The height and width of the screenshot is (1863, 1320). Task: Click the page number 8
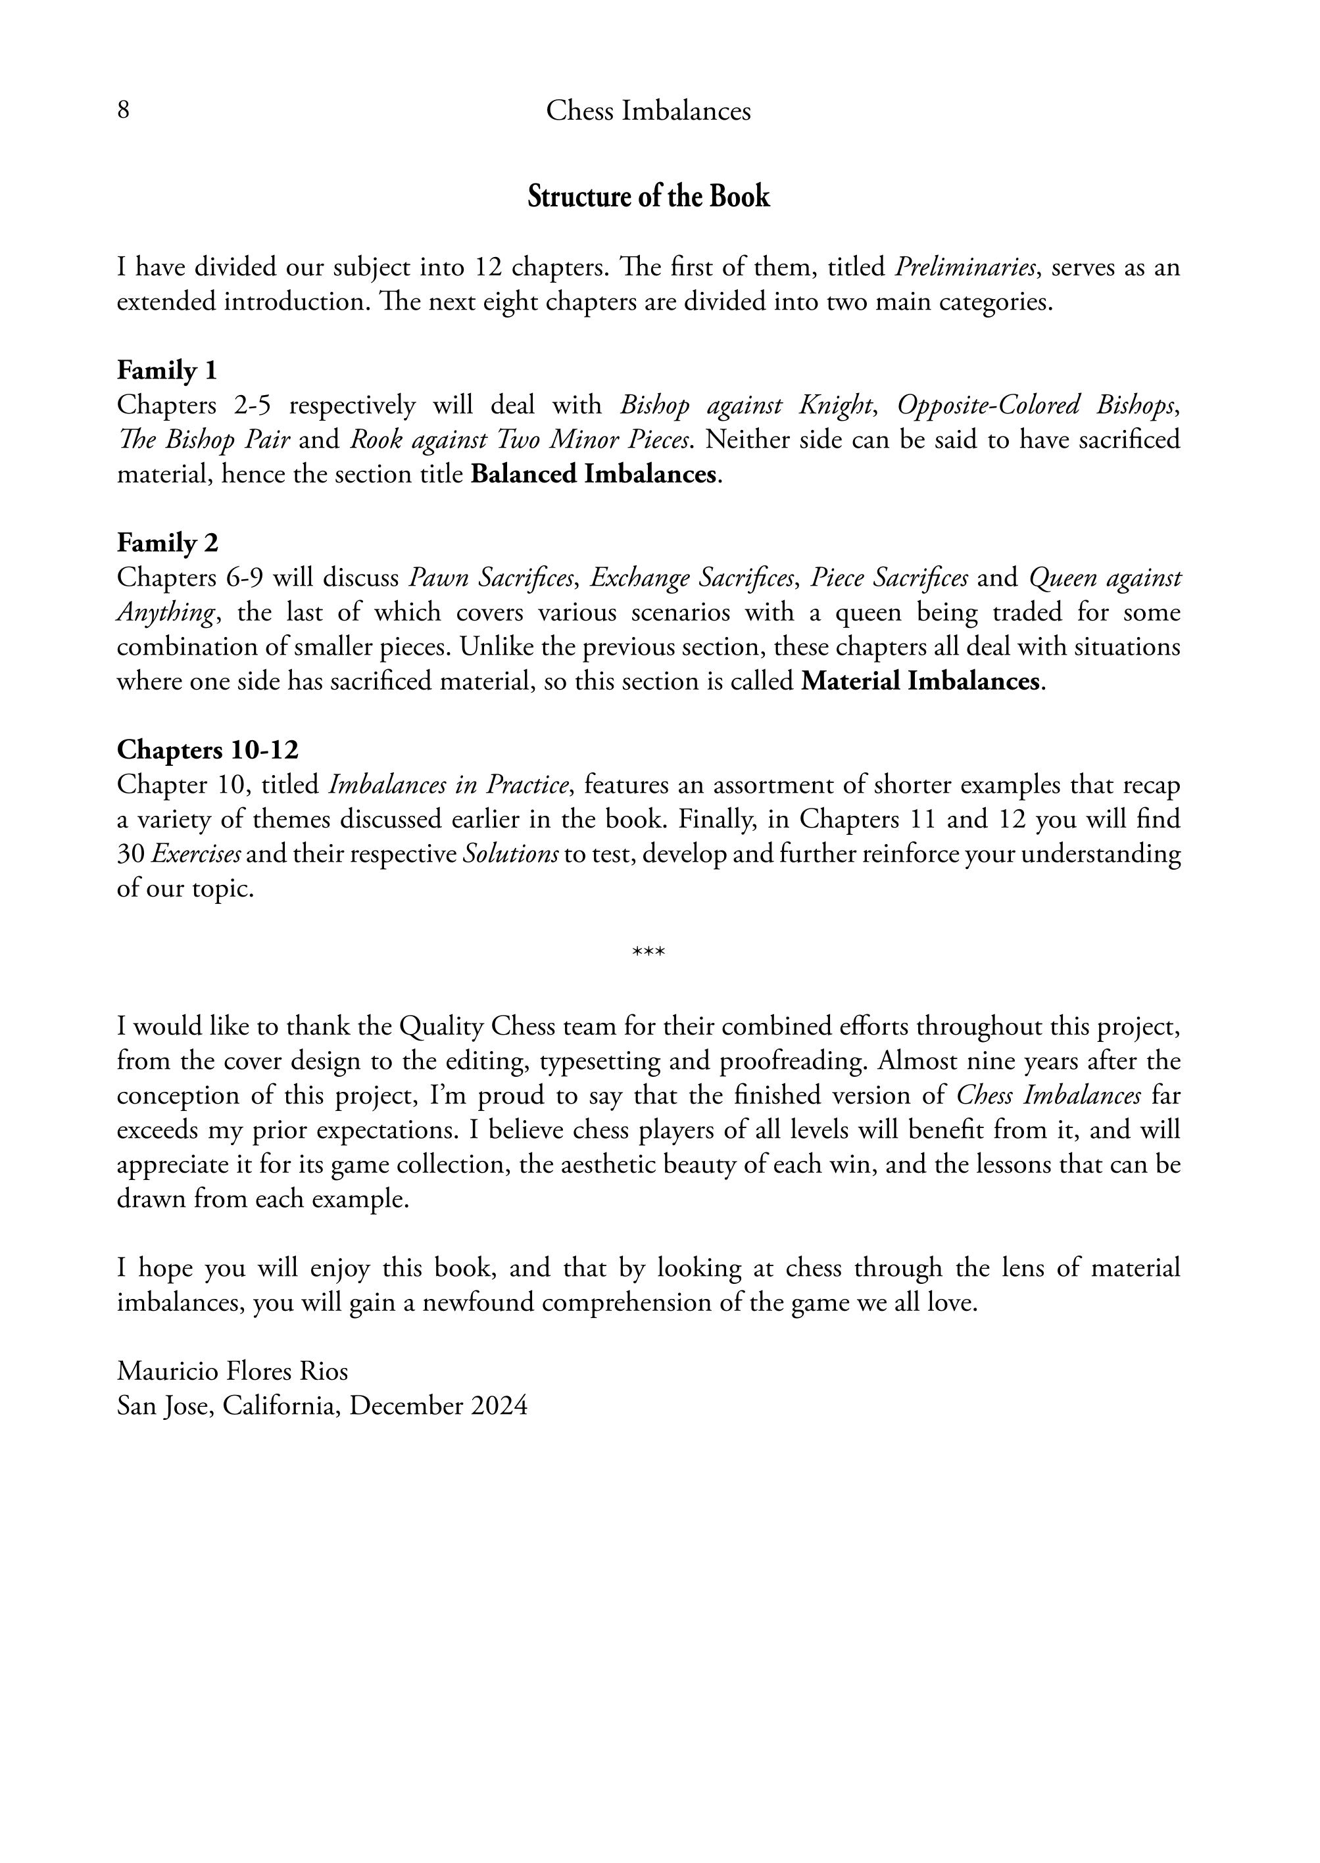pos(124,110)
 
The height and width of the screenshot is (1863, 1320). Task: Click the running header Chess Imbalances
pos(648,110)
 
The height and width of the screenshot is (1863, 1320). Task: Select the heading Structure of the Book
pos(648,197)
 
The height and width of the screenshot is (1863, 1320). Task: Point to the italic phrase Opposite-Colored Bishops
pos(1037,404)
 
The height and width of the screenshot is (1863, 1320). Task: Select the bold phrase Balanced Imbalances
pos(594,474)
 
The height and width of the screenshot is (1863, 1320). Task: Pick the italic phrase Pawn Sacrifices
pos(492,578)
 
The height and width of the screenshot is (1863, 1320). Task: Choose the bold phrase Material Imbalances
pos(920,681)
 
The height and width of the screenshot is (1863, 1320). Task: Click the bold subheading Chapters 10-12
pos(207,749)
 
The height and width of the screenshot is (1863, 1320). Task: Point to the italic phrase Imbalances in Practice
pos(448,785)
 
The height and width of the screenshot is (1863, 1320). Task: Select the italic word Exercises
pos(196,854)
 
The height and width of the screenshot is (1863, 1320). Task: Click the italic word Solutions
pos(510,854)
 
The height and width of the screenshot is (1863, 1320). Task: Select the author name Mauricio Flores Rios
pos(232,1371)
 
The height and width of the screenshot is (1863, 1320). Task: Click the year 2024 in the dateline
pos(499,1405)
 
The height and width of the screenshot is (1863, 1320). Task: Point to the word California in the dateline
pos(279,1405)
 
